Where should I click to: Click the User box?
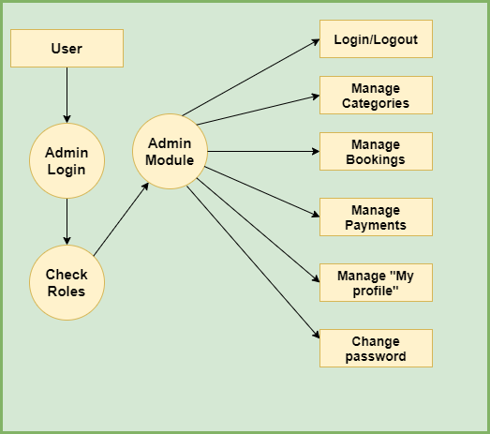(x=67, y=48)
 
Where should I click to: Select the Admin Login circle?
(x=67, y=160)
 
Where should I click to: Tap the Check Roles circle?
(x=67, y=283)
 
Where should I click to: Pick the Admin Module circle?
(x=170, y=151)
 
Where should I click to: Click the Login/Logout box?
(x=376, y=38)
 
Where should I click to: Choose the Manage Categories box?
(x=376, y=95)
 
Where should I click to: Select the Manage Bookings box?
(x=376, y=151)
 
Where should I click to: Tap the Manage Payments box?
(x=376, y=217)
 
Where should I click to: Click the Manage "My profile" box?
(x=376, y=283)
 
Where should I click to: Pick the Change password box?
(x=376, y=349)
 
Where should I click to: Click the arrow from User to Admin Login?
(x=67, y=95)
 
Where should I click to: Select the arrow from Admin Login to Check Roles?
(x=67, y=222)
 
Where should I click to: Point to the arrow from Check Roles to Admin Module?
(x=121, y=219)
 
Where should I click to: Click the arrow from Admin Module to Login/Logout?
(x=251, y=78)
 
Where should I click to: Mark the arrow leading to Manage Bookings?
(x=263, y=151)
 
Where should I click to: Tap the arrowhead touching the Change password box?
(x=317, y=335)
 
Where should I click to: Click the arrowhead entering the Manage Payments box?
(x=316, y=215)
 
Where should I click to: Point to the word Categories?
(x=376, y=103)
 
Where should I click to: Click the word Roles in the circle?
(x=67, y=292)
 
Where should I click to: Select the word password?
(x=376, y=357)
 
